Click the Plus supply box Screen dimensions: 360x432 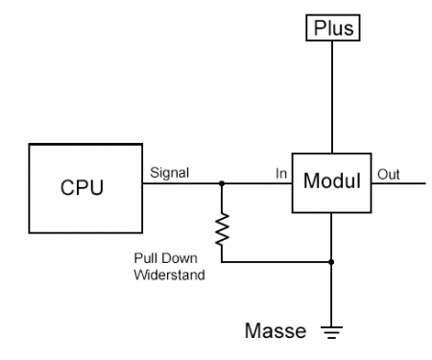[x=331, y=28]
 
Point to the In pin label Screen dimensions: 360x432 [x=280, y=173]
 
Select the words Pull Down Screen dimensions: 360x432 [x=159, y=258]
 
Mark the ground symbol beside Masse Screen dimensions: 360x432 [x=331, y=332]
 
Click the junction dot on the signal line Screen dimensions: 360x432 [x=222, y=183]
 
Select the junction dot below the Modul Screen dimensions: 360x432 [x=331, y=261]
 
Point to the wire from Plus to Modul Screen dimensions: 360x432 [x=331, y=96]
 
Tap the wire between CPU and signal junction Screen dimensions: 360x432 [x=182, y=183]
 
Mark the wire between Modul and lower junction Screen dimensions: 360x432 [x=331, y=238]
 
